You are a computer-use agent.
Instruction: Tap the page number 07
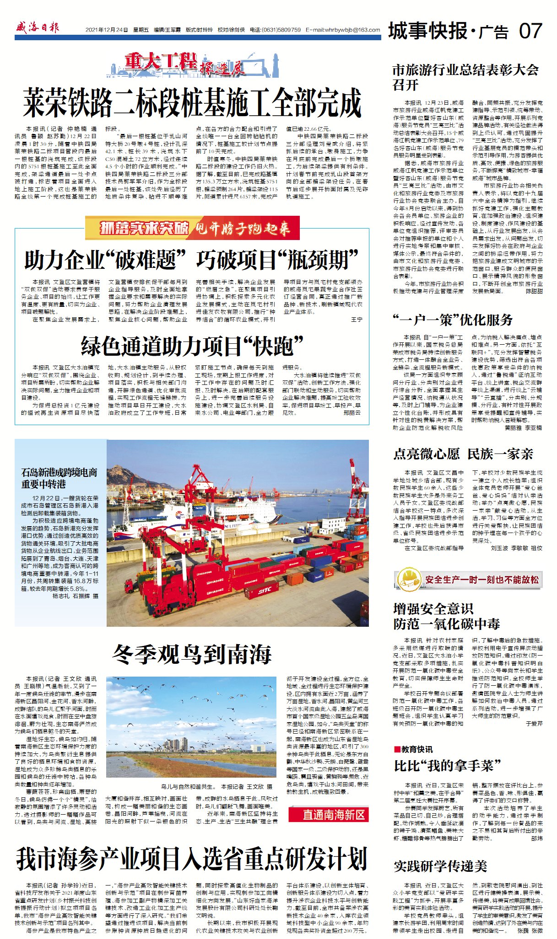pos(530,31)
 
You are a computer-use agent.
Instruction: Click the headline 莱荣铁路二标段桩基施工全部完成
pos(192,103)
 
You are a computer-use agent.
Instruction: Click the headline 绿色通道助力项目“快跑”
pos(192,346)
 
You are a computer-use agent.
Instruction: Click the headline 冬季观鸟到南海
pos(192,655)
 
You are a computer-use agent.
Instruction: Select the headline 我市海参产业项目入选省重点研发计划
pos(192,859)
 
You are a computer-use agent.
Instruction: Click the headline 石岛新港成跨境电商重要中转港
pos(59,478)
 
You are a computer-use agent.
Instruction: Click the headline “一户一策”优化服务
pos(453,320)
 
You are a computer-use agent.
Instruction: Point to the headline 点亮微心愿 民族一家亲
pos(463,454)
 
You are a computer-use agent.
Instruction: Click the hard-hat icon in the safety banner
pos(409,580)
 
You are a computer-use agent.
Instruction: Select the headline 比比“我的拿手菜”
pos(447,765)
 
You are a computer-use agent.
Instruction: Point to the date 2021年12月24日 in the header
pos(107,30)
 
